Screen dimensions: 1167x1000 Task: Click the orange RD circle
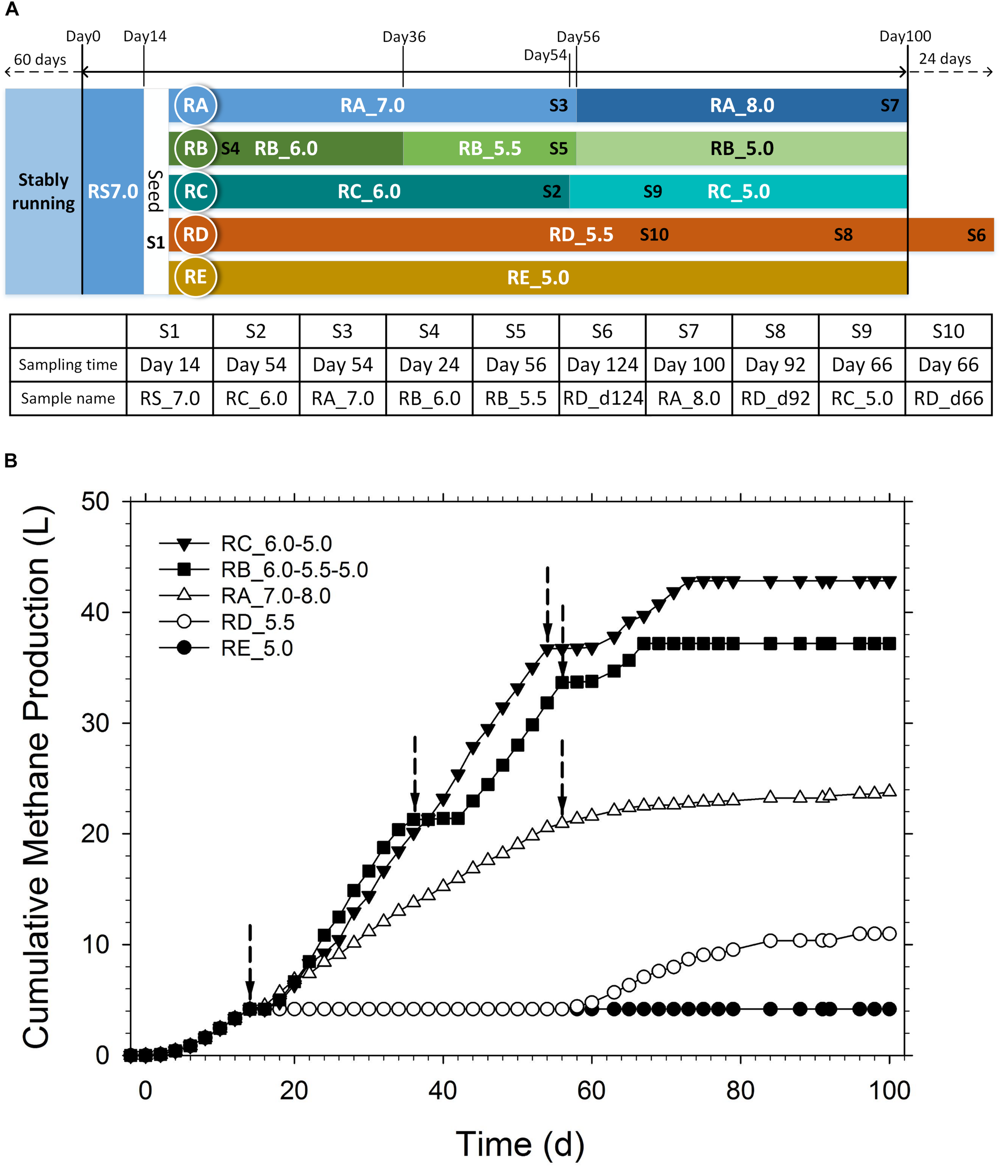pos(195,234)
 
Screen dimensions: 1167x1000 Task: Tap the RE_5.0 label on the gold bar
pos(537,277)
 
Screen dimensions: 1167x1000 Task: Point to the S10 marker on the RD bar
pos(654,234)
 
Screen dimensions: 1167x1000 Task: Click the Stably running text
pos(43,191)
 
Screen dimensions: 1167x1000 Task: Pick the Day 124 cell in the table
pos(602,365)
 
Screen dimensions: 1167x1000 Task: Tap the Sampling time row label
pos(68,365)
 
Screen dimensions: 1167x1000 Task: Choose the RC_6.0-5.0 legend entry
pos(275,543)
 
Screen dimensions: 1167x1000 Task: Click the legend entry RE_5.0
pos(256,648)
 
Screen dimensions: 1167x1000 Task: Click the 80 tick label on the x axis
pos(739,1090)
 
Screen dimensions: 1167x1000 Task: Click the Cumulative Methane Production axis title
pos(36,777)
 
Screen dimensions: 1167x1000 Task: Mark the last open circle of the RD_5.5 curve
pos(889,933)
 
